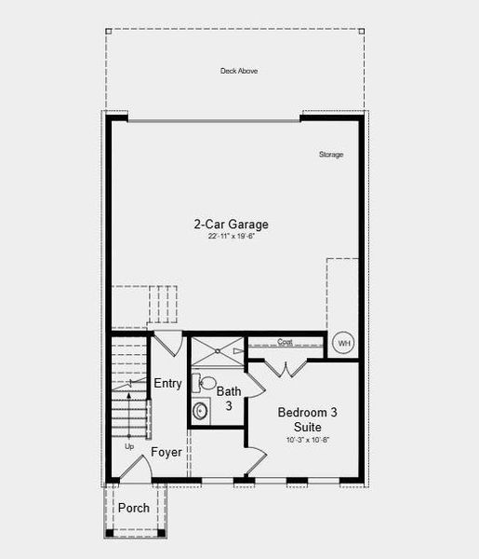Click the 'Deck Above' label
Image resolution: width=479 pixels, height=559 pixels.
239,71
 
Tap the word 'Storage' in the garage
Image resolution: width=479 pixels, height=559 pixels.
331,155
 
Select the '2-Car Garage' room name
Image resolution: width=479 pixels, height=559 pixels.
231,225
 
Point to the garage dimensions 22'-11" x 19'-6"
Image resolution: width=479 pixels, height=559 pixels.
231,238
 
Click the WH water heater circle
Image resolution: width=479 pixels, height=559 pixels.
344,344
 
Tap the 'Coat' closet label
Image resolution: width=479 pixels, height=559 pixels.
286,343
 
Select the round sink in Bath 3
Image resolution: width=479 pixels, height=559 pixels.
201,410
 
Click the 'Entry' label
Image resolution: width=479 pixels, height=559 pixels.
167,384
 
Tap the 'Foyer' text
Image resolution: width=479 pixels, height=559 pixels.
166,453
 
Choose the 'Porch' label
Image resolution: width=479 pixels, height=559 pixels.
133,508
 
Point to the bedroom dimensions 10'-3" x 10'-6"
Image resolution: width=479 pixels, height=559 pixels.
300,440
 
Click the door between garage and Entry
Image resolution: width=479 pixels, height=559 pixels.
166,342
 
